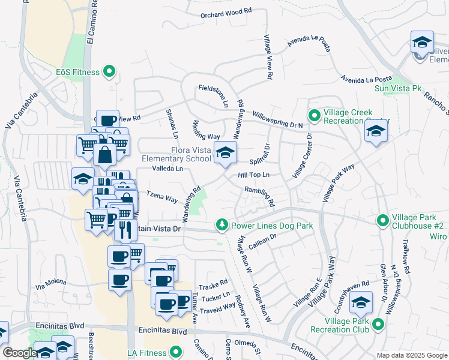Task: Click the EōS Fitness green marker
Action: [109, 72]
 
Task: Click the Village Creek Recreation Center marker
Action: [313, 114]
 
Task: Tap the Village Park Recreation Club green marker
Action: [378, 325]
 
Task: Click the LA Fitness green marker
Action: [175, 352]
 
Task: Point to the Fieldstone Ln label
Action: [214, 96]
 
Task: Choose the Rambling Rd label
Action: [259, 196]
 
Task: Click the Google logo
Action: [19, 353]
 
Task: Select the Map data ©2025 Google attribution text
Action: [411, 355]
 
